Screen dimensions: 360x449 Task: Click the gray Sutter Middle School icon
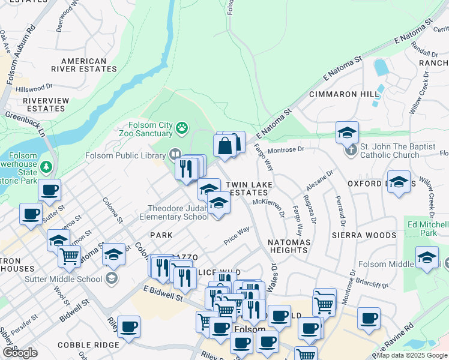[x=111, y=278]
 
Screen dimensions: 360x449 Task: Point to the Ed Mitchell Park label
[x=429, y=229]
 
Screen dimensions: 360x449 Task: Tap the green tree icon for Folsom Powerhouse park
[x=46, y=166]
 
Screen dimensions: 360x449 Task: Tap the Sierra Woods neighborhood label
[x=363, y=235]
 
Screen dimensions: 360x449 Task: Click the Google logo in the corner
[x=19, y=353]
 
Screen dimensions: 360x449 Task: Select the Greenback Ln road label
[x=26, y=124]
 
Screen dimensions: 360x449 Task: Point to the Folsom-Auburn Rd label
[x=22, y=54]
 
